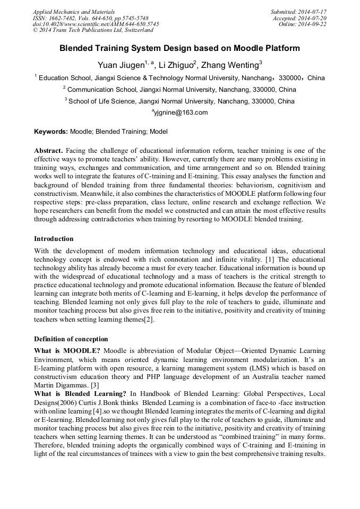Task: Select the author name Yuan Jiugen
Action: (121, 65)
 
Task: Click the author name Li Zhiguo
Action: (176, 65)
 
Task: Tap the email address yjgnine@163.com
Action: (181, 113)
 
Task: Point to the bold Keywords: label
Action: (51, 131)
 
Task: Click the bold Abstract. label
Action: (49, 151)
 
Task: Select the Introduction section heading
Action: (54, 239)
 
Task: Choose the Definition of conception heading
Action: (71, 339)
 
